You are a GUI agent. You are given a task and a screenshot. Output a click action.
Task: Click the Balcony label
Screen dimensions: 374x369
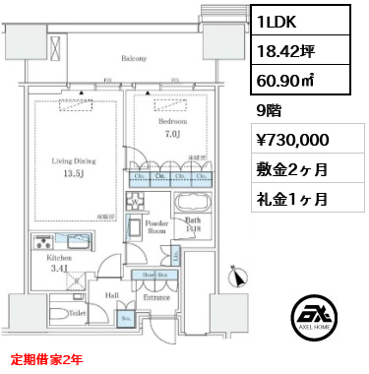coord(135,59)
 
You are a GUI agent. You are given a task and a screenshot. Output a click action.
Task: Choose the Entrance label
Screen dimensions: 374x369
coord(156,296)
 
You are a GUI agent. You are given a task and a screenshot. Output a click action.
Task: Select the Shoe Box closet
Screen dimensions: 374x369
coord(158,275)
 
